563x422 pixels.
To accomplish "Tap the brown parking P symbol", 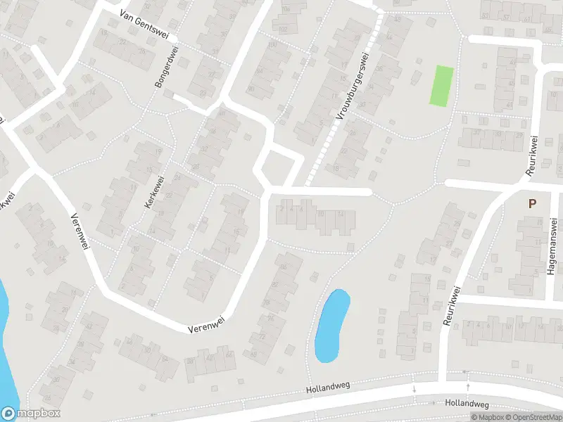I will [x=533, y=203].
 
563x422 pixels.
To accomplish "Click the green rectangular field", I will [x=441, y=86].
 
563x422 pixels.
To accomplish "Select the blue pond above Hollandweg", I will [x=331, y=325].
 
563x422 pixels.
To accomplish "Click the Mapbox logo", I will [x=30, y=414].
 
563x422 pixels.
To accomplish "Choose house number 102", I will [x=284, y=29].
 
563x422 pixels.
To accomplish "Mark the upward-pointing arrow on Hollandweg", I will [x=467, y=385].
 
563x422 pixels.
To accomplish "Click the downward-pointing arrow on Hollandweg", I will [x=415, y=388].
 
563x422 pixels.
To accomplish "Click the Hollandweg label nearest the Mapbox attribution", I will [x=467, y=404].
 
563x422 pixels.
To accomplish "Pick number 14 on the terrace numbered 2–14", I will [x=341, y=214].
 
